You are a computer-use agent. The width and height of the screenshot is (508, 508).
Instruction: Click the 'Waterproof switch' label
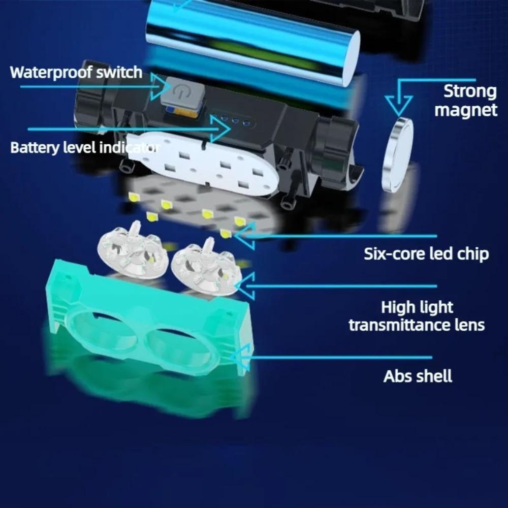[x=76, y=72]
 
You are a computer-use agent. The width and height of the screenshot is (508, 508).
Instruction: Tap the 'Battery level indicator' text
[x=85, y=148]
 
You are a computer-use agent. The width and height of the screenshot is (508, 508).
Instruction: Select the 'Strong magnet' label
[x=466, y=101]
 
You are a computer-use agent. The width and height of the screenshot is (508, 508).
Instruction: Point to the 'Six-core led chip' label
[x=426, y=253]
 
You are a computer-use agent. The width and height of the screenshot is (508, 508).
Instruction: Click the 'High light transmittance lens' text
[x=417, y=316]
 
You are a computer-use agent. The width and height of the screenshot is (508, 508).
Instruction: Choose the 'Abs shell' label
[x=418, y=376]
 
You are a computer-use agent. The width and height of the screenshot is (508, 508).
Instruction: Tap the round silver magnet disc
[x=398, y=156]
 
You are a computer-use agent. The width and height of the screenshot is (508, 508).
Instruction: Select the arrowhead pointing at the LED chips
[x=244, y=236]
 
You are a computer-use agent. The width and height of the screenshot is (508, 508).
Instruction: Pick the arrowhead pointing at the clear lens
[x=244, y=286]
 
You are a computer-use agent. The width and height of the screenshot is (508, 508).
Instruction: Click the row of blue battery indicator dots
[x=233, y=121]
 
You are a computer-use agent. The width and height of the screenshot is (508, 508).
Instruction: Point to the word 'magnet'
[x=466, y=110]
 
